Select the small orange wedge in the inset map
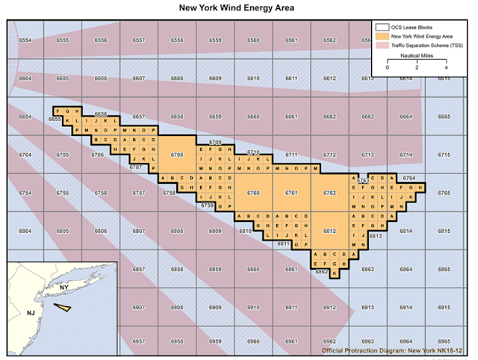point(64,305)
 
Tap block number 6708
point(177,155)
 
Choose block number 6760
point(253,193)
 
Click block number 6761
point(291,193)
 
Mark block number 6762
point(329,193)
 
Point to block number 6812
point(329,231)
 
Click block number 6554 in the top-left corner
point(25,40)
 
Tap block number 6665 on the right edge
point(444,117)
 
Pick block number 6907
point(139,308)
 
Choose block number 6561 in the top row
point(291,40)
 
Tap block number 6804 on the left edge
point(25,231)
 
